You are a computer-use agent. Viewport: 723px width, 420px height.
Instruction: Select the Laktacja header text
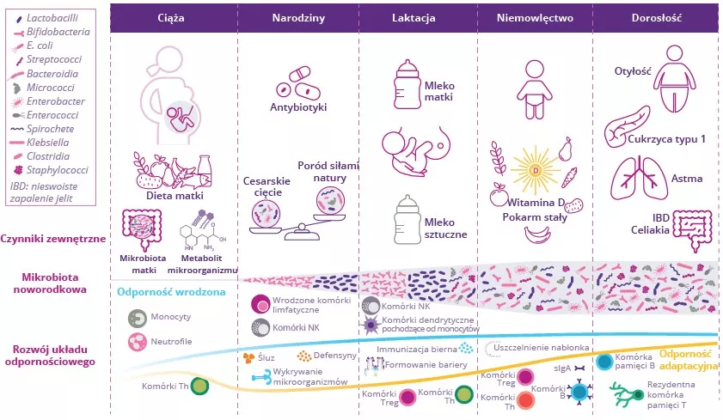414,18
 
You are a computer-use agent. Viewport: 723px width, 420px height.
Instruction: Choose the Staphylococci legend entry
57,170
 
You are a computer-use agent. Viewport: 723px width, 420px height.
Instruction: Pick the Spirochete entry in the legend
50,129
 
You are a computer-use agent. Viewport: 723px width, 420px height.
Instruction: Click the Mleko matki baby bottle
407,82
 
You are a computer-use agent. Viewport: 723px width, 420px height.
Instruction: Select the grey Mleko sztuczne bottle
407,220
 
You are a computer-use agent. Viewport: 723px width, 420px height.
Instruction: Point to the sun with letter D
535,168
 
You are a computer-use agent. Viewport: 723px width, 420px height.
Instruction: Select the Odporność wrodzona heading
171,291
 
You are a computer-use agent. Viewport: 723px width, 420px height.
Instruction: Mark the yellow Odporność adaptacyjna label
687,360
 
